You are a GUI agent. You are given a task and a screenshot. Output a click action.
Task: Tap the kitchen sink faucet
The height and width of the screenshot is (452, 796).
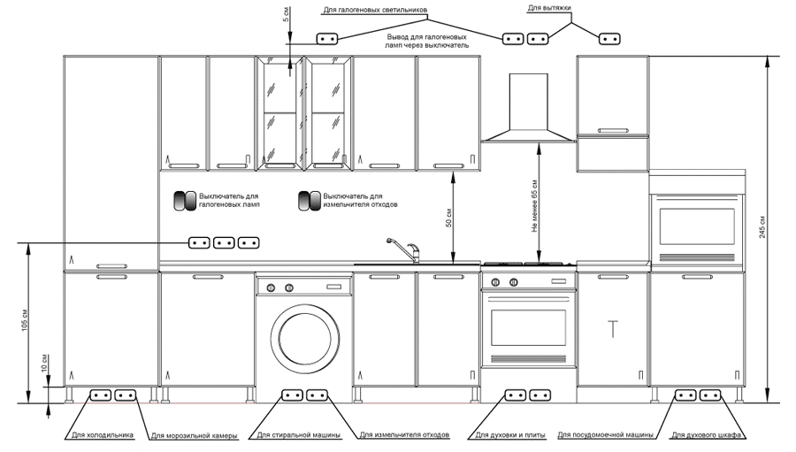405,249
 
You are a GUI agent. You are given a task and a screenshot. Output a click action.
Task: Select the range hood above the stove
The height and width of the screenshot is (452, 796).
529,108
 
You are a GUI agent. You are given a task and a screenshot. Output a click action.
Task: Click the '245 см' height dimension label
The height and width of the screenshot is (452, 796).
762,227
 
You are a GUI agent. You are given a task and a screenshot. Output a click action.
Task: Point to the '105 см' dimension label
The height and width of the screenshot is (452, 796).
25,320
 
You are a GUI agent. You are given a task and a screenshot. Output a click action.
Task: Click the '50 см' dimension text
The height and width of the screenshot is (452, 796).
448,217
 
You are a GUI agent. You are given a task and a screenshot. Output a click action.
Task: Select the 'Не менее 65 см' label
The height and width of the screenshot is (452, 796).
534,206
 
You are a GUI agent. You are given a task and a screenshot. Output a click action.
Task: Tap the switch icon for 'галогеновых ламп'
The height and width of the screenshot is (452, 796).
185,201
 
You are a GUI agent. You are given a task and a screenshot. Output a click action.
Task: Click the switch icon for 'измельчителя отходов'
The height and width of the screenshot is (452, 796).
310,201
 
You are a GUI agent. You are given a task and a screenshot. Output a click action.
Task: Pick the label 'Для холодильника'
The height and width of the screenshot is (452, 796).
103,435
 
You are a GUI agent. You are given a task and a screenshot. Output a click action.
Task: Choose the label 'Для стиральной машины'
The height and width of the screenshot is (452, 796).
299,435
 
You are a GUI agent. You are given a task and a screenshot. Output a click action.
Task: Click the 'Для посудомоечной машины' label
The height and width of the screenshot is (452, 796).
605,435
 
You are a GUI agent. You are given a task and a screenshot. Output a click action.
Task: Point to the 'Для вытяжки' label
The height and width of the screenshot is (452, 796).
549,8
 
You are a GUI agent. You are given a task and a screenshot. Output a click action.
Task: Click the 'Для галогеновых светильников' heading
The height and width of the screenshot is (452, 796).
375,10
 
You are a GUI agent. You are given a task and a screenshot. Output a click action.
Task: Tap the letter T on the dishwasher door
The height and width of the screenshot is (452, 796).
613,329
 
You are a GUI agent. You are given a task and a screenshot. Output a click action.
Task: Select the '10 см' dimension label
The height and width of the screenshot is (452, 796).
44,364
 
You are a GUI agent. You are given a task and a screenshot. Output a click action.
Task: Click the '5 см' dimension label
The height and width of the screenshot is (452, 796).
286,14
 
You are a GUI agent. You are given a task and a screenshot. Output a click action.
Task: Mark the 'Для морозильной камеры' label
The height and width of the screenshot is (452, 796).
194,436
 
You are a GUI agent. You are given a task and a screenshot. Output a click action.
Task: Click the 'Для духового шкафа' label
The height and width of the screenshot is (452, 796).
706,435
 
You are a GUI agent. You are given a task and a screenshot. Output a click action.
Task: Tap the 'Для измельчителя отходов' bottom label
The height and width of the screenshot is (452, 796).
404,435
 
